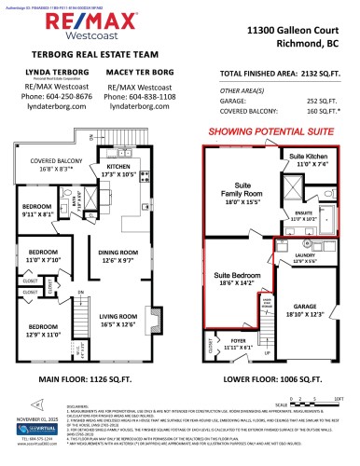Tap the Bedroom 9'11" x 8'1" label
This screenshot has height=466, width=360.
(39, 209)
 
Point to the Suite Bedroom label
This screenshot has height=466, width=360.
(234, 280)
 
